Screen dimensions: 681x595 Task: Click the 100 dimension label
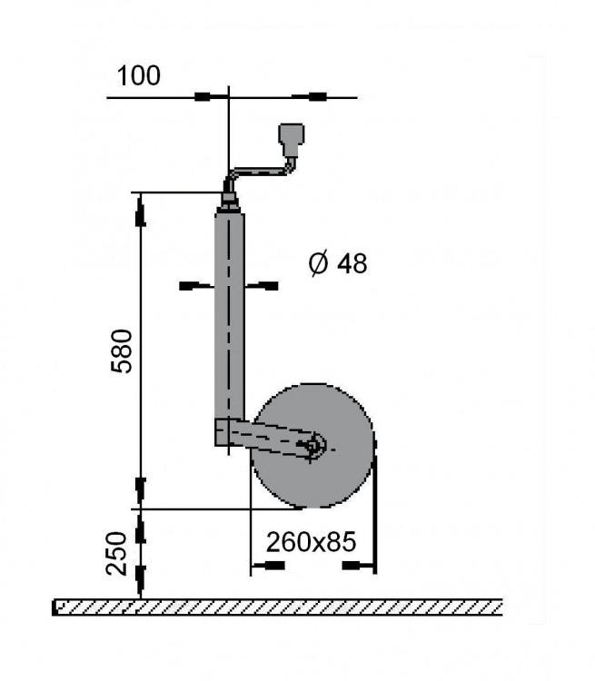[139, 75]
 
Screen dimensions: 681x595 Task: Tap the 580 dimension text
[122, 350]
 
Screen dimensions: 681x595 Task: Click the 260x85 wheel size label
[311, 542]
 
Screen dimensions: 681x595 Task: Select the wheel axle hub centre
[314, 445]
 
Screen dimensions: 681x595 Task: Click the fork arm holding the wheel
[263, 436]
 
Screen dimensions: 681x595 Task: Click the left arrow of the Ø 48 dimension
[191, 286]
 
